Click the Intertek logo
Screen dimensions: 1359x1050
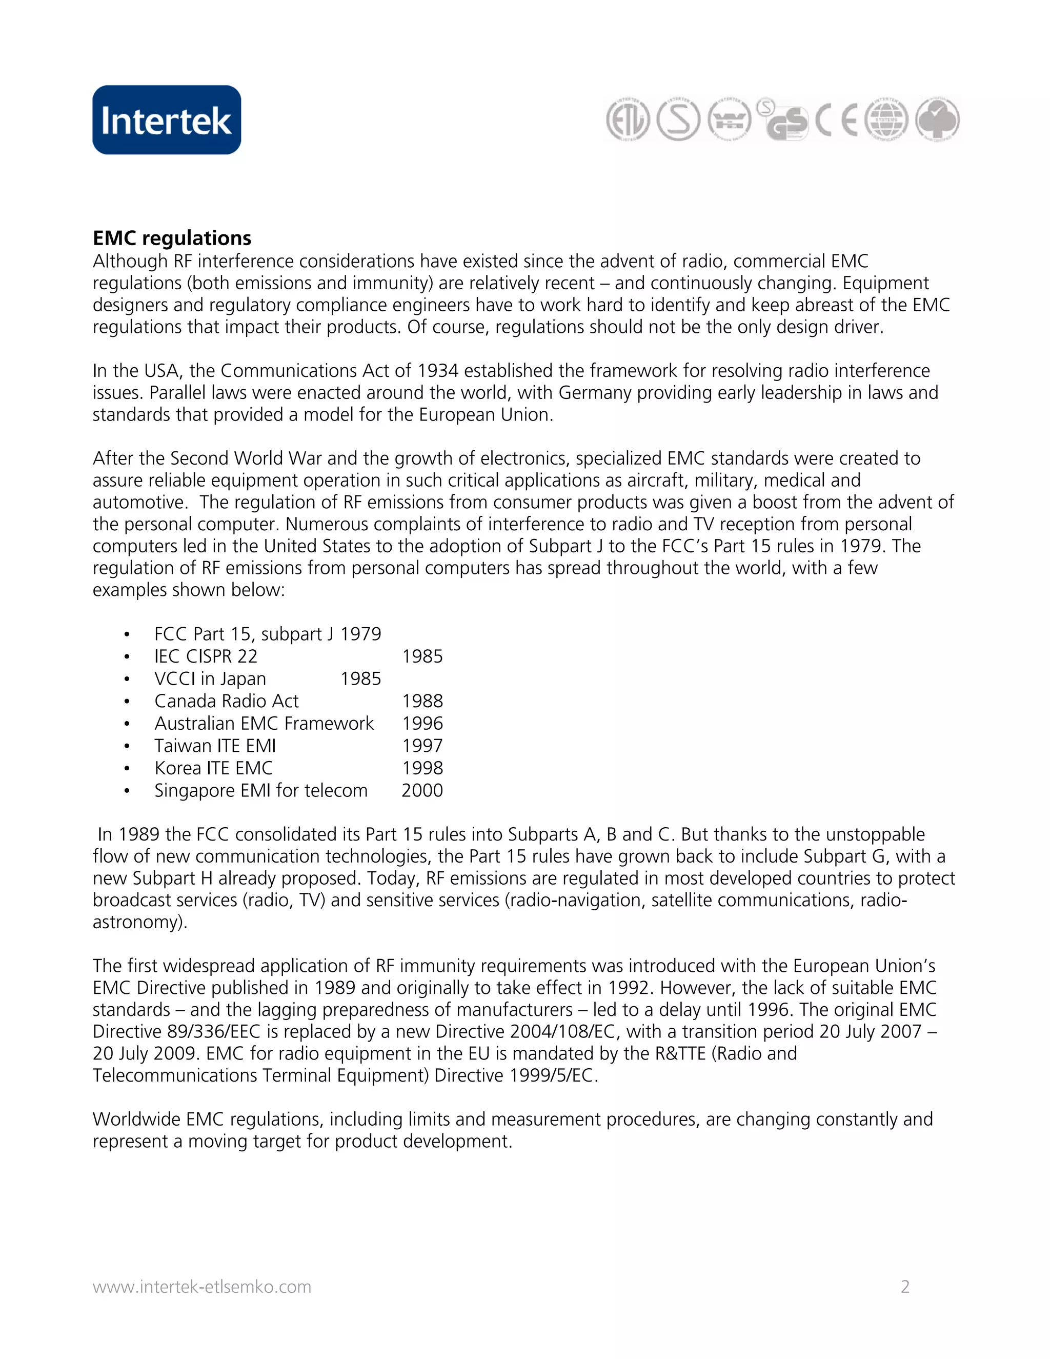pos(167,120)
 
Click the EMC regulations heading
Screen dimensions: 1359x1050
pos(172,238)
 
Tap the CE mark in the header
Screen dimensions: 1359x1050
pos(837,119)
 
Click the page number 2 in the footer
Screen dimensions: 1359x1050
pos(905,1287)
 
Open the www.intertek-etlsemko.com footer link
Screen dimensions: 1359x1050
pos(201,1287)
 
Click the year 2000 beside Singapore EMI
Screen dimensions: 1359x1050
pos(422,790)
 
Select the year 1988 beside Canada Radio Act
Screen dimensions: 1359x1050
pos(422,701)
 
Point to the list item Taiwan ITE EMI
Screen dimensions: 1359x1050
pos(215,746)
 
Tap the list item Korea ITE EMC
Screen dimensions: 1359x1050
pos(213,768)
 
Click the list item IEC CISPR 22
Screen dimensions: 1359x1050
pos(205,656)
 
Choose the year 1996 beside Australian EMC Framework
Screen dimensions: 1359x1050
pos(422,723)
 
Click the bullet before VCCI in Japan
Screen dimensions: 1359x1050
pos(127,679)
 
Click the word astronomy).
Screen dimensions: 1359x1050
pos(140,922)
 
